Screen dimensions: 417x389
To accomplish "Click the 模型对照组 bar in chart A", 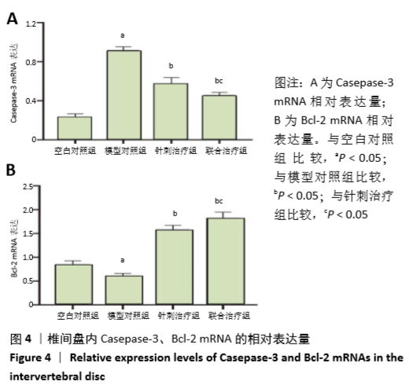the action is pos(124,95).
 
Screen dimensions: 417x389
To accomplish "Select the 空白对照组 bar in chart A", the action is pos(75,128).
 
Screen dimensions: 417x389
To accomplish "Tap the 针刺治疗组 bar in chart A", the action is pos(171,112).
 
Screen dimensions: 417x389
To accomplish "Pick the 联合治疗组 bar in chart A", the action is pos(220,117).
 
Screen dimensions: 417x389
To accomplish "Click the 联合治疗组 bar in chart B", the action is pos(226,261).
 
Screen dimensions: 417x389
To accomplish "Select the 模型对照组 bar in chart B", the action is pos(124,290).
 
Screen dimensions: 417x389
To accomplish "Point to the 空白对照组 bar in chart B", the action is pos(74,284).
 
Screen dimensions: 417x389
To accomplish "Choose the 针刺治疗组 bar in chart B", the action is pos(175,267).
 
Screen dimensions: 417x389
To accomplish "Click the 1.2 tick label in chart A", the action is pos(31,24).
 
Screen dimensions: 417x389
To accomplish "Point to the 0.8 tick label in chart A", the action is pos(31,62).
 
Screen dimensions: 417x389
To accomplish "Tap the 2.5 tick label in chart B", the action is pos(28,186).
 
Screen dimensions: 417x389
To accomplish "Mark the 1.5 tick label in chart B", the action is pos(28,234).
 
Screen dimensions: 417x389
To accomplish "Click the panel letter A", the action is pos(13,19).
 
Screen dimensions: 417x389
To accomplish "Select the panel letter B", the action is pos(11,170).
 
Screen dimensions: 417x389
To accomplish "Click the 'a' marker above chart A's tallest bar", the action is pos(122,35).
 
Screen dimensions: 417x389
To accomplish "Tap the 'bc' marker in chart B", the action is pos(219,201).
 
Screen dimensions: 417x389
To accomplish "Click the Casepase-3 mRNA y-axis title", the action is pos(13,83).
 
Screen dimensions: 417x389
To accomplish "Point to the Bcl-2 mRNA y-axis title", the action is pos(14,248).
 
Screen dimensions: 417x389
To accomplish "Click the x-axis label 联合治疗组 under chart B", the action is pos(229,316).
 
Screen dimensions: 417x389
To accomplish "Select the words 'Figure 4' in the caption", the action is pos(30,358).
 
